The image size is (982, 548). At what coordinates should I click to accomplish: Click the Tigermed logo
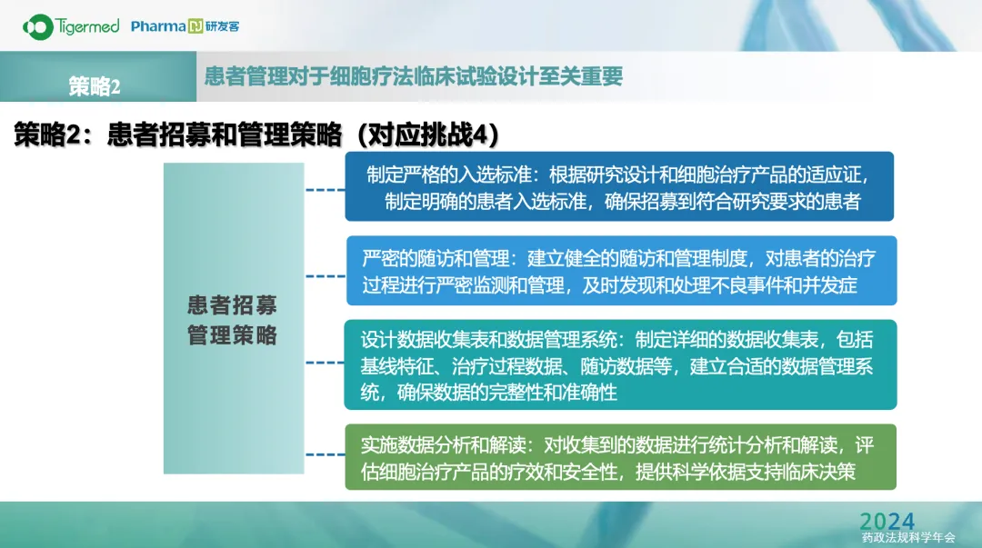pos(71,27)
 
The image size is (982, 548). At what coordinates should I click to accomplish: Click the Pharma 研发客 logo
pos(185,26)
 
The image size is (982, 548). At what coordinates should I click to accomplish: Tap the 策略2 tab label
pos(94,86)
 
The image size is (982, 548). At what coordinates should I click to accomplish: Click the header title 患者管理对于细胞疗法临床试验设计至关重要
pos(414,76)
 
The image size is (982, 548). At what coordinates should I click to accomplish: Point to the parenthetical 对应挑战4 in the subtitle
pos(428,135)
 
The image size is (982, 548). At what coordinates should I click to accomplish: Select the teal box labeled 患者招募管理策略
pos(234,318)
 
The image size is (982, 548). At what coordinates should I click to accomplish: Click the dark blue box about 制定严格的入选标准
pos(619,186)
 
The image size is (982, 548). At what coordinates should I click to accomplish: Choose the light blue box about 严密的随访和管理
pos(621,271)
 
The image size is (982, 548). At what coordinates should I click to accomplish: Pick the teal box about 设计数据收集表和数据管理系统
pos(621,364)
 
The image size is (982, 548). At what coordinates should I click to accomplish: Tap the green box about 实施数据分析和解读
pos(621,457)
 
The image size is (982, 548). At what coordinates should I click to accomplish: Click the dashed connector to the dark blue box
pos(325,190)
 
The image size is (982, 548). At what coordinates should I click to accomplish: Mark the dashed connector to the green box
pos(325,454)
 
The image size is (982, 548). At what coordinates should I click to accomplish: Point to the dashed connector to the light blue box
pos(326,276)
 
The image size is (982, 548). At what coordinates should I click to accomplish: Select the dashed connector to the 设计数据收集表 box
pos(325,363)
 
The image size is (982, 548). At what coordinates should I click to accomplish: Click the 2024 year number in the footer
pos(887,521)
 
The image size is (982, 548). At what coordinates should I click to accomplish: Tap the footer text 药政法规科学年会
pos(908,538)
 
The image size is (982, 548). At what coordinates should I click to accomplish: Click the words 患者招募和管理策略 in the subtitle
pos(225,135)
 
